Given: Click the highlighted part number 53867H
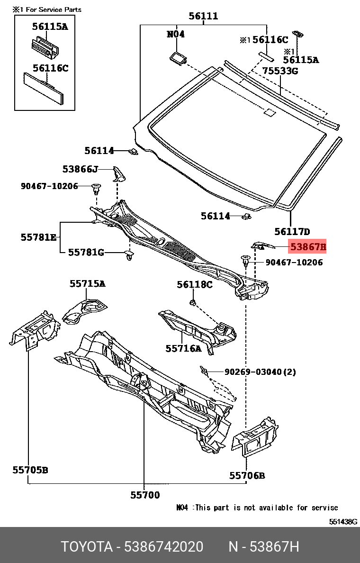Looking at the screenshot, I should tap(308, 247).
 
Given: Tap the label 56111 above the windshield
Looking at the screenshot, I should tap(203, 16).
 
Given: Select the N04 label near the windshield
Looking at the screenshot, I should tap(175, 34).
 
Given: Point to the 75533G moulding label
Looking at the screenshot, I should tap(280, 71).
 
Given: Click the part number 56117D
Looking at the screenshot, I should tap(292, 232).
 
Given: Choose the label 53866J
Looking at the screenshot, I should tap(80, 169).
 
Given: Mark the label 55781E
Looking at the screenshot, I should tap(38, 237).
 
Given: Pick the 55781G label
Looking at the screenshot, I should tap(86, 252).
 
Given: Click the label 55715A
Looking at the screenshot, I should tap(87, 284).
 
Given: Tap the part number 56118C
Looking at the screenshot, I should tap(195, 284).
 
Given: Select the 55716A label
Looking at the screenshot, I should tap(183, 349).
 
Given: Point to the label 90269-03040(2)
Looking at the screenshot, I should tap(260, 372).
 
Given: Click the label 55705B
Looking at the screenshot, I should tap(30, 470).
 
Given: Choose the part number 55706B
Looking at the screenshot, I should tap(247, 475).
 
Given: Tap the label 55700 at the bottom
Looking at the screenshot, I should tap(145, 495).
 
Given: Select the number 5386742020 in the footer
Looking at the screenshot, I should tap(163, 547).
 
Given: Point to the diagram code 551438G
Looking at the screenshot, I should tap(343, 522).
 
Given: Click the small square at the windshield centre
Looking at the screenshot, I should tap(269, 113).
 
